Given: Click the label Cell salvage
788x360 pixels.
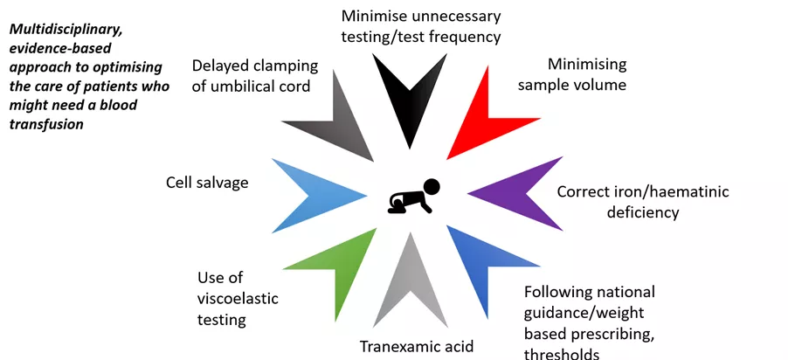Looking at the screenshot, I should [207, 183].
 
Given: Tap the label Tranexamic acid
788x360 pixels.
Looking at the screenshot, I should [417, 346].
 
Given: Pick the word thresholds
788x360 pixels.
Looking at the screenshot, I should [562, 353].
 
